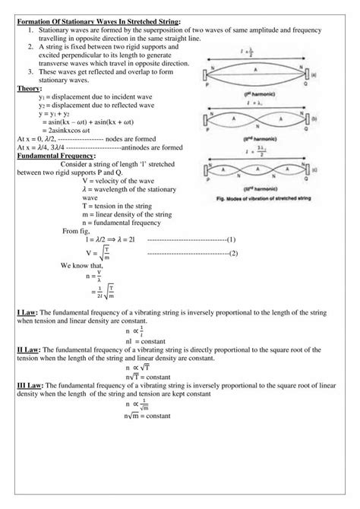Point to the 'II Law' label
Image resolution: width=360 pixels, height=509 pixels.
coord(29,349)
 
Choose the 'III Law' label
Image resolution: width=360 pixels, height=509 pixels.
coord(30,386)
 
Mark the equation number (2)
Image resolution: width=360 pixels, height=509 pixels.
coord(233,253)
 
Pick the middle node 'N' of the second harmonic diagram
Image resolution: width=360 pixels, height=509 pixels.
coord(255,119)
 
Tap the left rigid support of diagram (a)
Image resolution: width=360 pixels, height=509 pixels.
coord(204,75)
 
